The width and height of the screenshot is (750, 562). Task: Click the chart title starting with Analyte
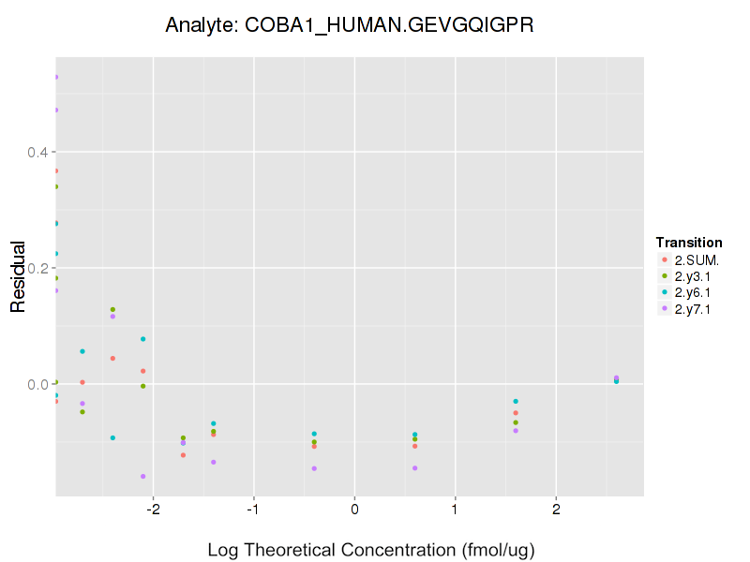350,25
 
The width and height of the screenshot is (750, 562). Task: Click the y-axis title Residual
17,276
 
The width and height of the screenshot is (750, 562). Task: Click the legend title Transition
689,243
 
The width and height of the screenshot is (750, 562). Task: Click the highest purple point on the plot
56,77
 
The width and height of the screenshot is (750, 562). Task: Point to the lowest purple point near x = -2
142,476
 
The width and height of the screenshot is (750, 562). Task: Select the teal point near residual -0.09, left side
112,437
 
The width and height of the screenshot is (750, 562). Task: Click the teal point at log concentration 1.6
516,401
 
